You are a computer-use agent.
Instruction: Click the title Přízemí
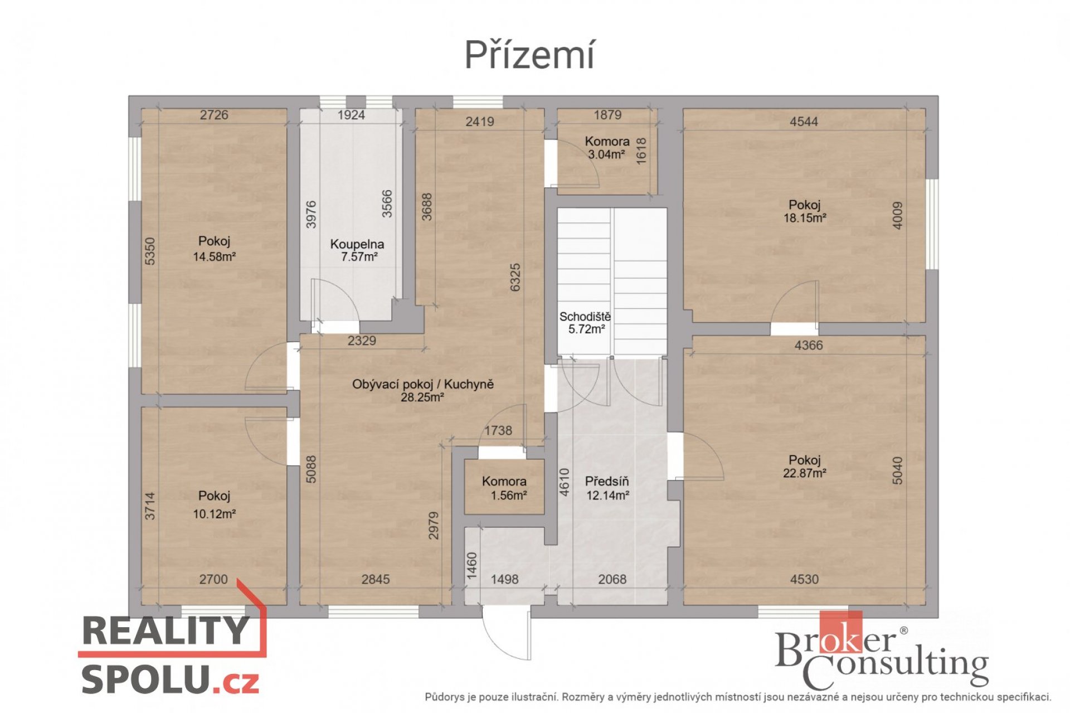[529, 56]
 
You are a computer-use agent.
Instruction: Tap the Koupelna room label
[357, 244]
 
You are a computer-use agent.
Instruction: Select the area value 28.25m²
[422, 397]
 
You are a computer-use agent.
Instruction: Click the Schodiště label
[585, 317]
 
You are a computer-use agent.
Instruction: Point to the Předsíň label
[607, 482]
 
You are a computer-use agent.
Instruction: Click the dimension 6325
[515, 277]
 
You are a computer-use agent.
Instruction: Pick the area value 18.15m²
[805, 219]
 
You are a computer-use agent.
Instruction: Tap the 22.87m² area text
[805, 473]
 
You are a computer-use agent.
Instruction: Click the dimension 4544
[804, 122]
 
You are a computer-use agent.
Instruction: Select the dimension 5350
[150, 251]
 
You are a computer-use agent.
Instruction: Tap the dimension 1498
[504, 579]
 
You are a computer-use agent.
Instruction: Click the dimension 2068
[612, 579]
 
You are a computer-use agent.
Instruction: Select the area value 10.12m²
[215, 514]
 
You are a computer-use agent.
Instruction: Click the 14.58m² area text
[215, 257]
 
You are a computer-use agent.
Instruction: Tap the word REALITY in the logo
[166, 630]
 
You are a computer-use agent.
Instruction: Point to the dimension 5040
[897, 471]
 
